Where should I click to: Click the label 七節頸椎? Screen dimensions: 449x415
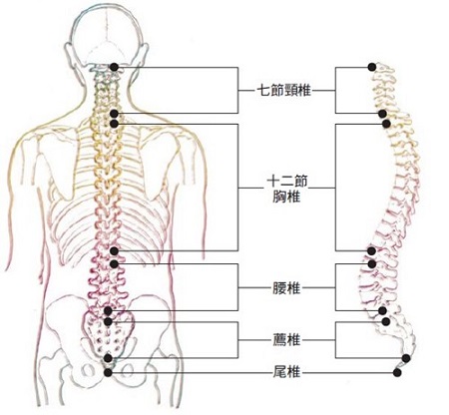(284, 90)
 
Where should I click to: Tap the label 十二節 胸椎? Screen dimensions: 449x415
(286, 190)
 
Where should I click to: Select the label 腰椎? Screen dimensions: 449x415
(286, 288)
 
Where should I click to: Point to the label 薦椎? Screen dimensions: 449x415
(286, 340)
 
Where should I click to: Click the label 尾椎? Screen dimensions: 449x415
(286, 372)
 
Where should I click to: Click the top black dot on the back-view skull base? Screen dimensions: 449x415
(115, 67)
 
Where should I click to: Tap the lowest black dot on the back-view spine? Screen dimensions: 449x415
(108, 372)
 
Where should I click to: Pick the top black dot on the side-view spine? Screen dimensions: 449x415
(372, 67)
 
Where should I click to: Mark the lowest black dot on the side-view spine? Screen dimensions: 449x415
(396, 372)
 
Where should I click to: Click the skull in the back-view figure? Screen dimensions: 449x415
(107, 35)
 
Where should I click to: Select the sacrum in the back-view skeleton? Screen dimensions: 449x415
(108, 334)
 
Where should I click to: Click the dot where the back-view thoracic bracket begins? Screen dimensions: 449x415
(114, 124)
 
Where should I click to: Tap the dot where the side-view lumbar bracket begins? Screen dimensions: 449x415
(372, 264)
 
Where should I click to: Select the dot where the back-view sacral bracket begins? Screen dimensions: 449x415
(108, 321)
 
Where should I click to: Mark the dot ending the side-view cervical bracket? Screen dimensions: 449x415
(382, 114)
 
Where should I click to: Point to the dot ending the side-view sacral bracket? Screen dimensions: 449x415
(406, 358)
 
